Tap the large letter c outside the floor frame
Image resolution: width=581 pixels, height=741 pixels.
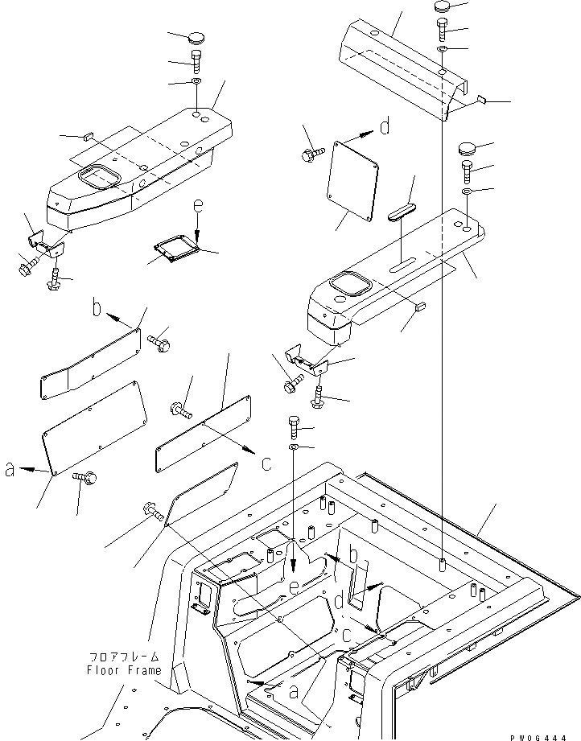[x=266, y=463]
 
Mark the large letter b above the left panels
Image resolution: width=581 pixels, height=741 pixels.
[x=97, y=307]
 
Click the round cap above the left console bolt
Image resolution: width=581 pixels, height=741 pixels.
[x=198, y=37]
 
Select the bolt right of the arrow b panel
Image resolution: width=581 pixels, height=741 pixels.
[x=158, y=344]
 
